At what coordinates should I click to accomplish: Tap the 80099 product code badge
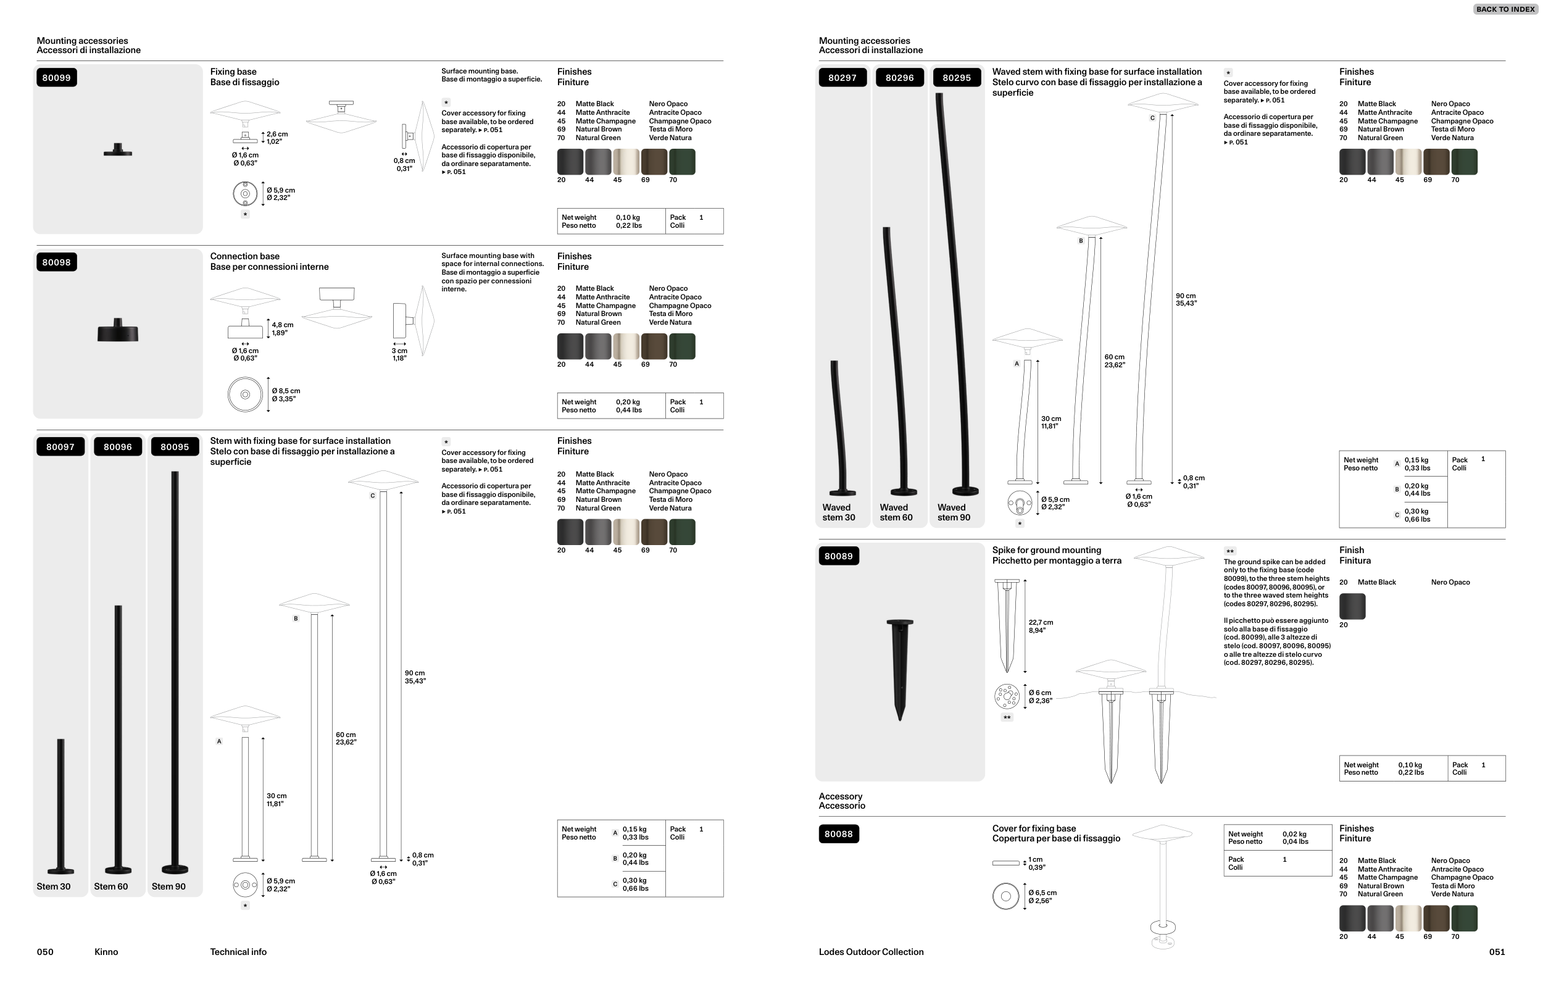click(x=56, y=78)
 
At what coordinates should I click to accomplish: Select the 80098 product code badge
click(x=56, y=262)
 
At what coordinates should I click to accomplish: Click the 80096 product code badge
click(x=118, y=447)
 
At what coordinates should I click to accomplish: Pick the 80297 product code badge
click(x=842, y=78)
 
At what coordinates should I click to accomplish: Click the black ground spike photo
click(x=900, y=669)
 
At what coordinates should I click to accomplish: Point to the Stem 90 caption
click(x=168, y=886)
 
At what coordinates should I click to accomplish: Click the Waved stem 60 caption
click(x=896, y=513)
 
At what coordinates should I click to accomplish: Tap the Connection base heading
click(x=244, y=256)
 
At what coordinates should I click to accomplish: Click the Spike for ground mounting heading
click(x=1047, y=550)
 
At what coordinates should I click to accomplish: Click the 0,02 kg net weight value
click(x=1294, y=834)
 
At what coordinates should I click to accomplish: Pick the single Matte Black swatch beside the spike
click(x=1352, y=606)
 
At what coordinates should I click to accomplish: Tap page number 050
click(x=45, y=952)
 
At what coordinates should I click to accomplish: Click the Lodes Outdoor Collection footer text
click(x=871, y=952)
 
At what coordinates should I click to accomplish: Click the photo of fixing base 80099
click(x=118, y=150)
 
